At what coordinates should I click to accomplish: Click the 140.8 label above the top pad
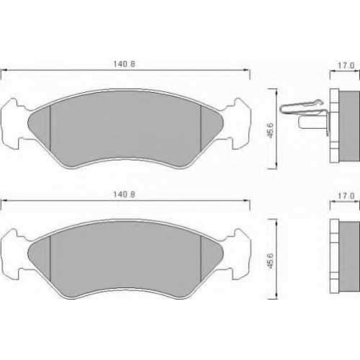click(x=124, y=64)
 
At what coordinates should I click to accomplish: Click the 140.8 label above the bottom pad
click(x=124, y=194)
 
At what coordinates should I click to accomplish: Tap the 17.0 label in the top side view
click(x=346, y=66)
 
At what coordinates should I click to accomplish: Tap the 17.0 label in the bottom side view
click(x=346, y=196)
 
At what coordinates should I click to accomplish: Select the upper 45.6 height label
click(x=271, y=130)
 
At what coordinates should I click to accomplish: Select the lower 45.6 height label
click(x=271, y=261)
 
